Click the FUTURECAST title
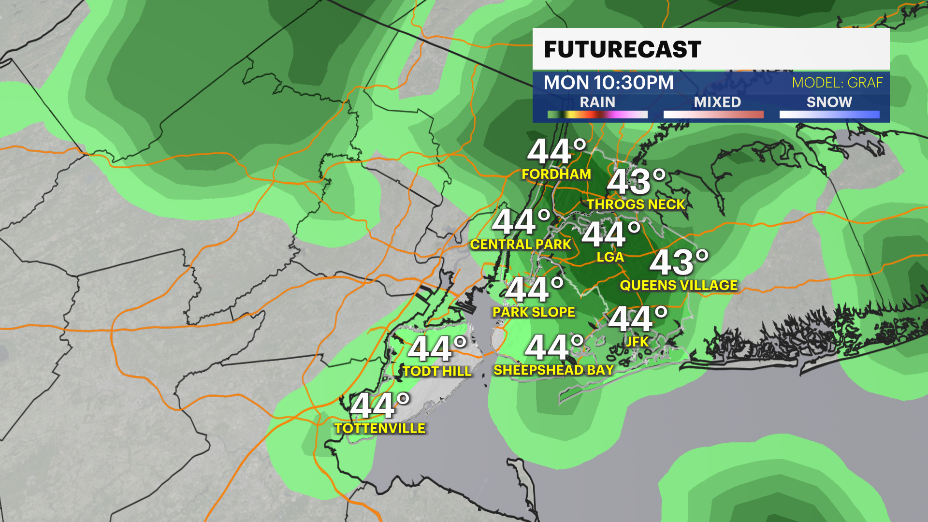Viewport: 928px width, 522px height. pos(623,49)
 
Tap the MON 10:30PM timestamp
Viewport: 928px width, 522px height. pos(609,83)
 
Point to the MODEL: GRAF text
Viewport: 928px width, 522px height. pos(837,83)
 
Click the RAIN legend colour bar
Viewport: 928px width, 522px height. pos(597,115)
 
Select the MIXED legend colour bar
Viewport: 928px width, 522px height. pos(713,115)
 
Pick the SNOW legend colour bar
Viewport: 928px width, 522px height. pos(829,115)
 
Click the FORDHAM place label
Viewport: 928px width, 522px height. pos(556,174)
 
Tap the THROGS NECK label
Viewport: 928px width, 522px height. pos(636,204)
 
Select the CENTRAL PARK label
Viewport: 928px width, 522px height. pos(521,245)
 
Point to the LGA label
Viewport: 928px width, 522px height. pos(610,257)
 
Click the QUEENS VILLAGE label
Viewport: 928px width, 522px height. pos(679,285)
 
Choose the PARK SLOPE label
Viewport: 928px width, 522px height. pos(534,312)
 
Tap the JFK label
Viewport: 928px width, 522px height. pos(637,342)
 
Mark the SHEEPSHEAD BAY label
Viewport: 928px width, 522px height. pos(553,370)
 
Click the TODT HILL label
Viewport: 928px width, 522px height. pos(437,371)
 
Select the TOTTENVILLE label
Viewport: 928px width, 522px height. pos(380,428)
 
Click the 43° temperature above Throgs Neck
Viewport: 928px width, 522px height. pos(636,182)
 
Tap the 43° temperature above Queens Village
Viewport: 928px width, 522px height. pos(679,262)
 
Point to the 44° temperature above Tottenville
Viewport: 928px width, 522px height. pos(380,406)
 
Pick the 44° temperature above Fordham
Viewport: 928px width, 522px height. pos(556,151)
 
